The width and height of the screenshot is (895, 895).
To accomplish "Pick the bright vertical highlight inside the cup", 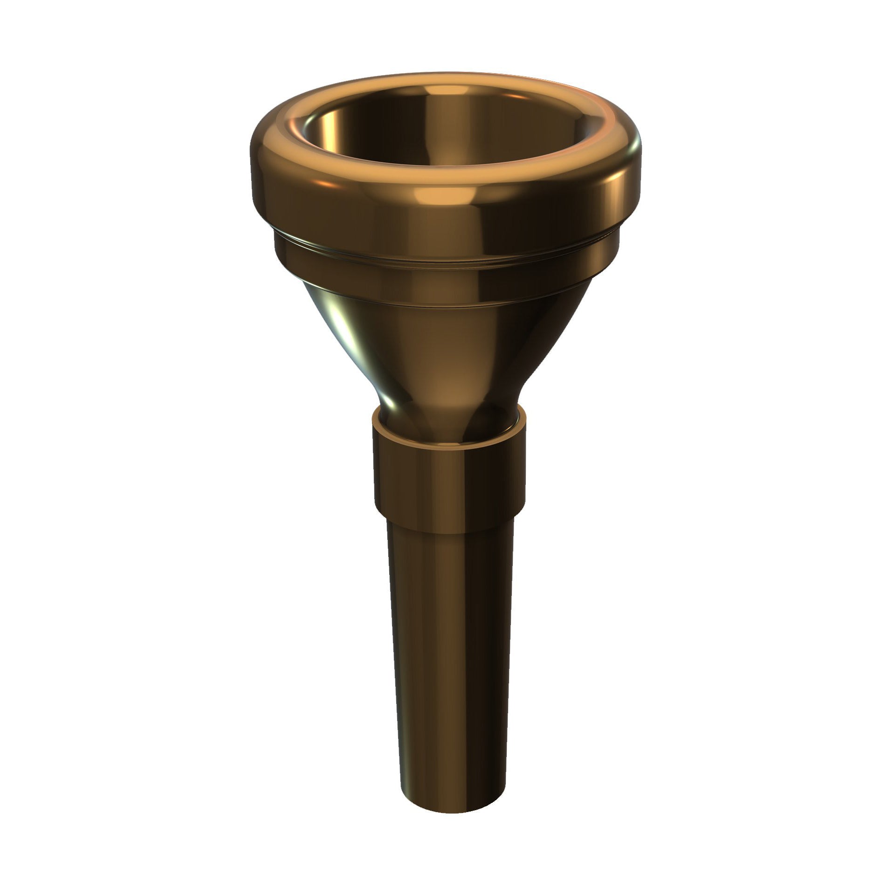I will point(333,126).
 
